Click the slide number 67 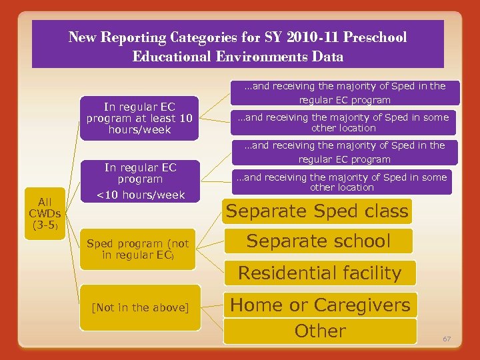point(447,339)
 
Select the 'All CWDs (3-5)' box point(45,213)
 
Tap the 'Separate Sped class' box point(317,211)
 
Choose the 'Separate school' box point(319,241)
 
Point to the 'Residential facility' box point(319,273)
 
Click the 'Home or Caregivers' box point(320,305)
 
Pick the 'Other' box point(320,331)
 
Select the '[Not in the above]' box point(140,307)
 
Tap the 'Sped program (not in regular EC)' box point(138,249)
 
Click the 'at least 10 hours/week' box point(139,118)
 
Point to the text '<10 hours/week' point(140,195)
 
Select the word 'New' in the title point(82,37)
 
